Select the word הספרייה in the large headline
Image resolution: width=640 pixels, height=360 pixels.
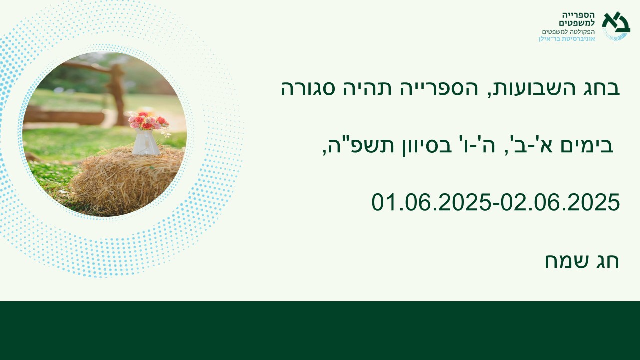pos(436,88)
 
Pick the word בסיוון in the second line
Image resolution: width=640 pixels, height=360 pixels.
pos(423,146)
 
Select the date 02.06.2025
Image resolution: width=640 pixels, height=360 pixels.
pos(560,202)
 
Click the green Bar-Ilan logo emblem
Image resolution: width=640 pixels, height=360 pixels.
pos(616,25)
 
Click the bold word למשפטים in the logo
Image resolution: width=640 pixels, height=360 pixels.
pos(577,23)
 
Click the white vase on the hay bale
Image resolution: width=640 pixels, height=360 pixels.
pos(145,142)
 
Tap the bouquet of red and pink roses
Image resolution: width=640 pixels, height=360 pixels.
pos(148,121)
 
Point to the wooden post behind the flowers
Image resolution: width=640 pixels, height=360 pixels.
pos(117,94)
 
